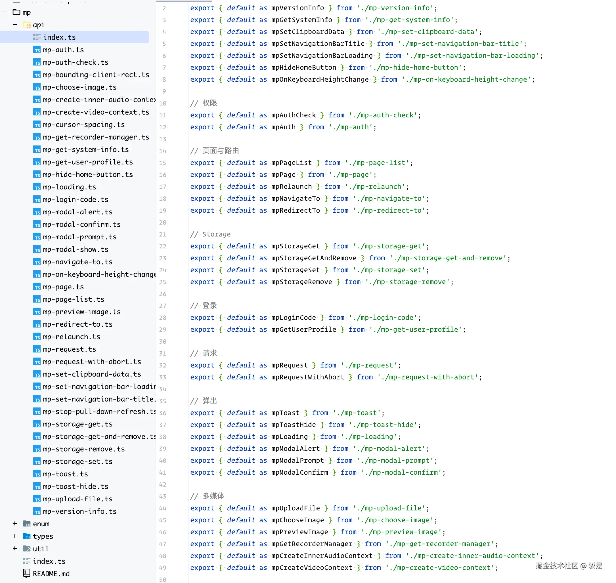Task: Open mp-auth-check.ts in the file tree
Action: [x=76, y=62]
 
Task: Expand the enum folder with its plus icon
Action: [x=15, y=524]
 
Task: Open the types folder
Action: [x=43, y=536]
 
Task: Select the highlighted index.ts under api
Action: [x=59, y=37]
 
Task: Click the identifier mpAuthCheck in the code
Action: [x=293, y=115]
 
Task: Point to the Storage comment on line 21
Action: [x=210, y=234]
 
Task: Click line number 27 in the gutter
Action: [x=163, y=306]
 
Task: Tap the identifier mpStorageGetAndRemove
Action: [x=314, y=258]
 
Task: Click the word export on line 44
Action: [x=202, y=508]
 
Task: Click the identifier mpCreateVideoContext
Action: [x=312, y=568]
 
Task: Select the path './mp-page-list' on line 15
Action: [x=377, y=163]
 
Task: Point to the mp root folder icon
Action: [x=16, y=12]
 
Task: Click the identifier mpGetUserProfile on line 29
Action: [x=304, y=330]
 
